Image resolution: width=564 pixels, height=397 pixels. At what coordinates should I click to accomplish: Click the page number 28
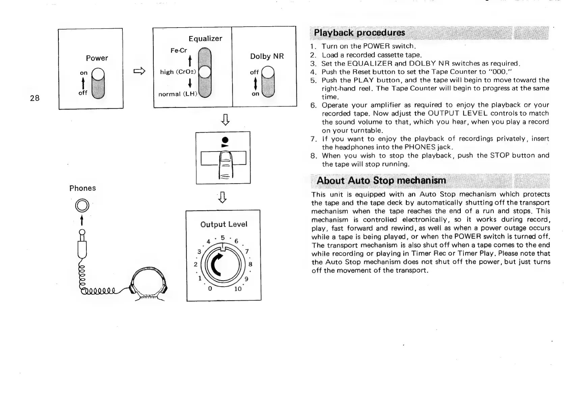tap(34, 98)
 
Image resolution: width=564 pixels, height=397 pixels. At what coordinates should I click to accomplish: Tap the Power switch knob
tap(98, 74)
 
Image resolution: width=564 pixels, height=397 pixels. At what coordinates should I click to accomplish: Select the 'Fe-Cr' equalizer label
tap(178, 51)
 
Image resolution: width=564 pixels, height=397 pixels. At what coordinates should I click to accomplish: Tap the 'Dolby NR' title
tap(267, 57)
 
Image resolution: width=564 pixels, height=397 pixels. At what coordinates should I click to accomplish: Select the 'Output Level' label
tap(224, 224)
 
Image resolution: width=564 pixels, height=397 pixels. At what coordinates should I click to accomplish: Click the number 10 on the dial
tap(238, 289)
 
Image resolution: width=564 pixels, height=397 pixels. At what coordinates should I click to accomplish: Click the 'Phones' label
tap(82, 188)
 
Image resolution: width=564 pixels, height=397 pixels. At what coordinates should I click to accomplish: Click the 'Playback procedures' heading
tap(359, 33)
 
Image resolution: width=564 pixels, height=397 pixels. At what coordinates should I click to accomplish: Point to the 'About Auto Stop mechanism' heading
tap(381, 181)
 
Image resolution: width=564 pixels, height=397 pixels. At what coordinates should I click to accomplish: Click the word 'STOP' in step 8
tap(500, 156)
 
